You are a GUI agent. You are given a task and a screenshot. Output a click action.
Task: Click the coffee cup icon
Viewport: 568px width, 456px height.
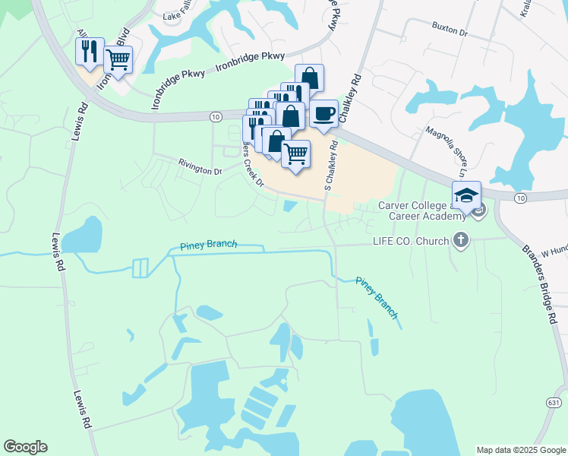324,114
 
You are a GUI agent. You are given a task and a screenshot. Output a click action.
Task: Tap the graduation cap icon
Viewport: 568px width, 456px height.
467,194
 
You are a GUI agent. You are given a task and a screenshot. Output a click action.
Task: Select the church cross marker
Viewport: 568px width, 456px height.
460,241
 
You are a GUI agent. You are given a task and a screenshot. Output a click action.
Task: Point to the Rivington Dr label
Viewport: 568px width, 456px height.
200,167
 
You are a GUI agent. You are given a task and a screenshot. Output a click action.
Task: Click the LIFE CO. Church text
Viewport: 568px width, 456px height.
409,241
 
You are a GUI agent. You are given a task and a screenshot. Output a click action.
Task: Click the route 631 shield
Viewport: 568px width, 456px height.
555,402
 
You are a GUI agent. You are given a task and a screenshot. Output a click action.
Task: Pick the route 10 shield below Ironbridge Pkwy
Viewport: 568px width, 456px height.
216,116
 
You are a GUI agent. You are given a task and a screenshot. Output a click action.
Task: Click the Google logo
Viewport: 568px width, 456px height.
25,447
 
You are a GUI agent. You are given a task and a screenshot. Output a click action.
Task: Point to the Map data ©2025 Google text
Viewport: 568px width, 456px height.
521,450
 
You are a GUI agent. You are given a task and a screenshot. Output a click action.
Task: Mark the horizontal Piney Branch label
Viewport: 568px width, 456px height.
209,245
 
